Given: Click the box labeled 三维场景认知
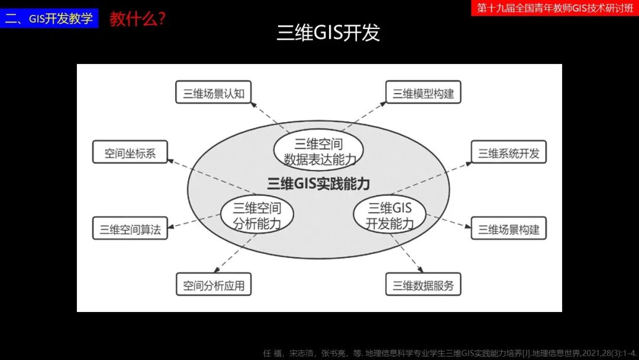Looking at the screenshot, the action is tap(214, 93).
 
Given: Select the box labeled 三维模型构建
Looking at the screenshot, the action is tap(423, 93).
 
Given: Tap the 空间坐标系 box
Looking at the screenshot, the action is tap(130, 153).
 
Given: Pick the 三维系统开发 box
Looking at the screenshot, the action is tap(509, 153).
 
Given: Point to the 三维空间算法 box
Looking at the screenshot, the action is tap(130, 229).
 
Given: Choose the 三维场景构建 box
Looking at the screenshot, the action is tap(509, 229).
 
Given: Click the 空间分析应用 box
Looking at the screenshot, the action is tap(214, 285).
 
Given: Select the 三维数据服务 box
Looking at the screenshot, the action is tap(423, 285).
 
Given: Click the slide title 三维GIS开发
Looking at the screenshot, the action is tap(328, 33).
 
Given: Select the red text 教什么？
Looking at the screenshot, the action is tap(137, 18).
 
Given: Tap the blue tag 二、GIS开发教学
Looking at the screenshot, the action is tap(49, 18).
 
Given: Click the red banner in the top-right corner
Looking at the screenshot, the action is tap(555, 8).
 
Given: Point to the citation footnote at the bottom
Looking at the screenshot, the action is tap(450, 353).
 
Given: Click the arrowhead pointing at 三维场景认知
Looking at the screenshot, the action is tap(253, 105).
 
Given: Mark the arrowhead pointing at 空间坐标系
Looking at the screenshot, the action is tap(170, 160).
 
